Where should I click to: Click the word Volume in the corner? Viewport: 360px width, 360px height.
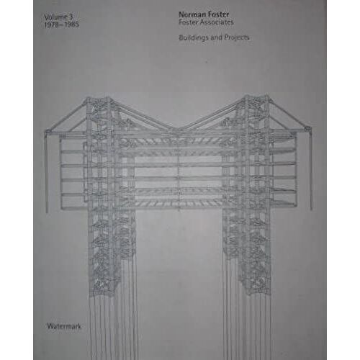point(55,17)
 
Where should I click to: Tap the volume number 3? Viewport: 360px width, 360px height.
point(71,17)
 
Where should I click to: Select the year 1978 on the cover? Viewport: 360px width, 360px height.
point(52,24)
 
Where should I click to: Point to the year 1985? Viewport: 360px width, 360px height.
point(71,24)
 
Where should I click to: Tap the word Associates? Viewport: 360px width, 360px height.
point(217,22)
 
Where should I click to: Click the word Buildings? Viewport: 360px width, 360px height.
point(193,37)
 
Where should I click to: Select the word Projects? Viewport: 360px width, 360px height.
point(237,37)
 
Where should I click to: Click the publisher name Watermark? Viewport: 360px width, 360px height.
point(64,326)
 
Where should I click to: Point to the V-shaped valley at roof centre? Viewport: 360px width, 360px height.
point(178,129)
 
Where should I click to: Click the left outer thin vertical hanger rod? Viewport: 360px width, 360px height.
point(46,172)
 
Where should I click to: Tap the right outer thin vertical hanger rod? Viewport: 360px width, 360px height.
point(310,169)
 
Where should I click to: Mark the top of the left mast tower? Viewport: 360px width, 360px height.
point(99,99)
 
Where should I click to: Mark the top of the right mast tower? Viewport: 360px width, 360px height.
point(256,96)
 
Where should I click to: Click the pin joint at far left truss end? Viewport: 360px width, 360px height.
point(48,132)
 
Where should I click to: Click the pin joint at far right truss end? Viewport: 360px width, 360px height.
point(307,129)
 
